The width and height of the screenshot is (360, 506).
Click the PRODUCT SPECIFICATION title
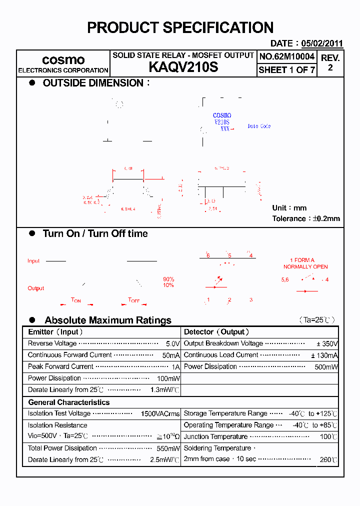click(x=180, y=27)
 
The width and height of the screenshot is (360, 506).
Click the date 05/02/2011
click(x=322, y=43)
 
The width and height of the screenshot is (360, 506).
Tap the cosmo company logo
click(x=63, y=60)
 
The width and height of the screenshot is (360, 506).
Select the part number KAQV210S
click(x=183, y=67)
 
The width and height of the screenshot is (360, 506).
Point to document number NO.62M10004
click(x=287, y=56)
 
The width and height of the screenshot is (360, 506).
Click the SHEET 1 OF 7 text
click(x=287, y=70)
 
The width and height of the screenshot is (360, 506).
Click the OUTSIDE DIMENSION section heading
click(x=93, y=83)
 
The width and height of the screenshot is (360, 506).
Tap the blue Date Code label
click(x=259, y=126)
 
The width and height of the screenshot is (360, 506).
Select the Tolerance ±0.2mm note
click(x=305, y=218)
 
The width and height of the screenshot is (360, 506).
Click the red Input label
click(x=33, y=261)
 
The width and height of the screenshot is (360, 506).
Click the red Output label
click(x=36, y=288)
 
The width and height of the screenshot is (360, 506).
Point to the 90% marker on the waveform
click(x=168, y=279)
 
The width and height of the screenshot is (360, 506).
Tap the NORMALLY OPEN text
click(x=305, y=267)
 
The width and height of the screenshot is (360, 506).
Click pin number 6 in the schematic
click(x=208, y=255)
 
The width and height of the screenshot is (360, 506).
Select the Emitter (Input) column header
click(x=55, y=332)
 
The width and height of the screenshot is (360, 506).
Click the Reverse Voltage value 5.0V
click(x=172, y=344)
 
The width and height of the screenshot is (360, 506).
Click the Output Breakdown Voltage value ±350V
click(x=327, y=344)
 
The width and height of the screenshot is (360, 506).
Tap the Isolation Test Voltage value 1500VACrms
click(x=160, y=414)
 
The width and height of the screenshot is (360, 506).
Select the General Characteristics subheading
click(x=69, y=402)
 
